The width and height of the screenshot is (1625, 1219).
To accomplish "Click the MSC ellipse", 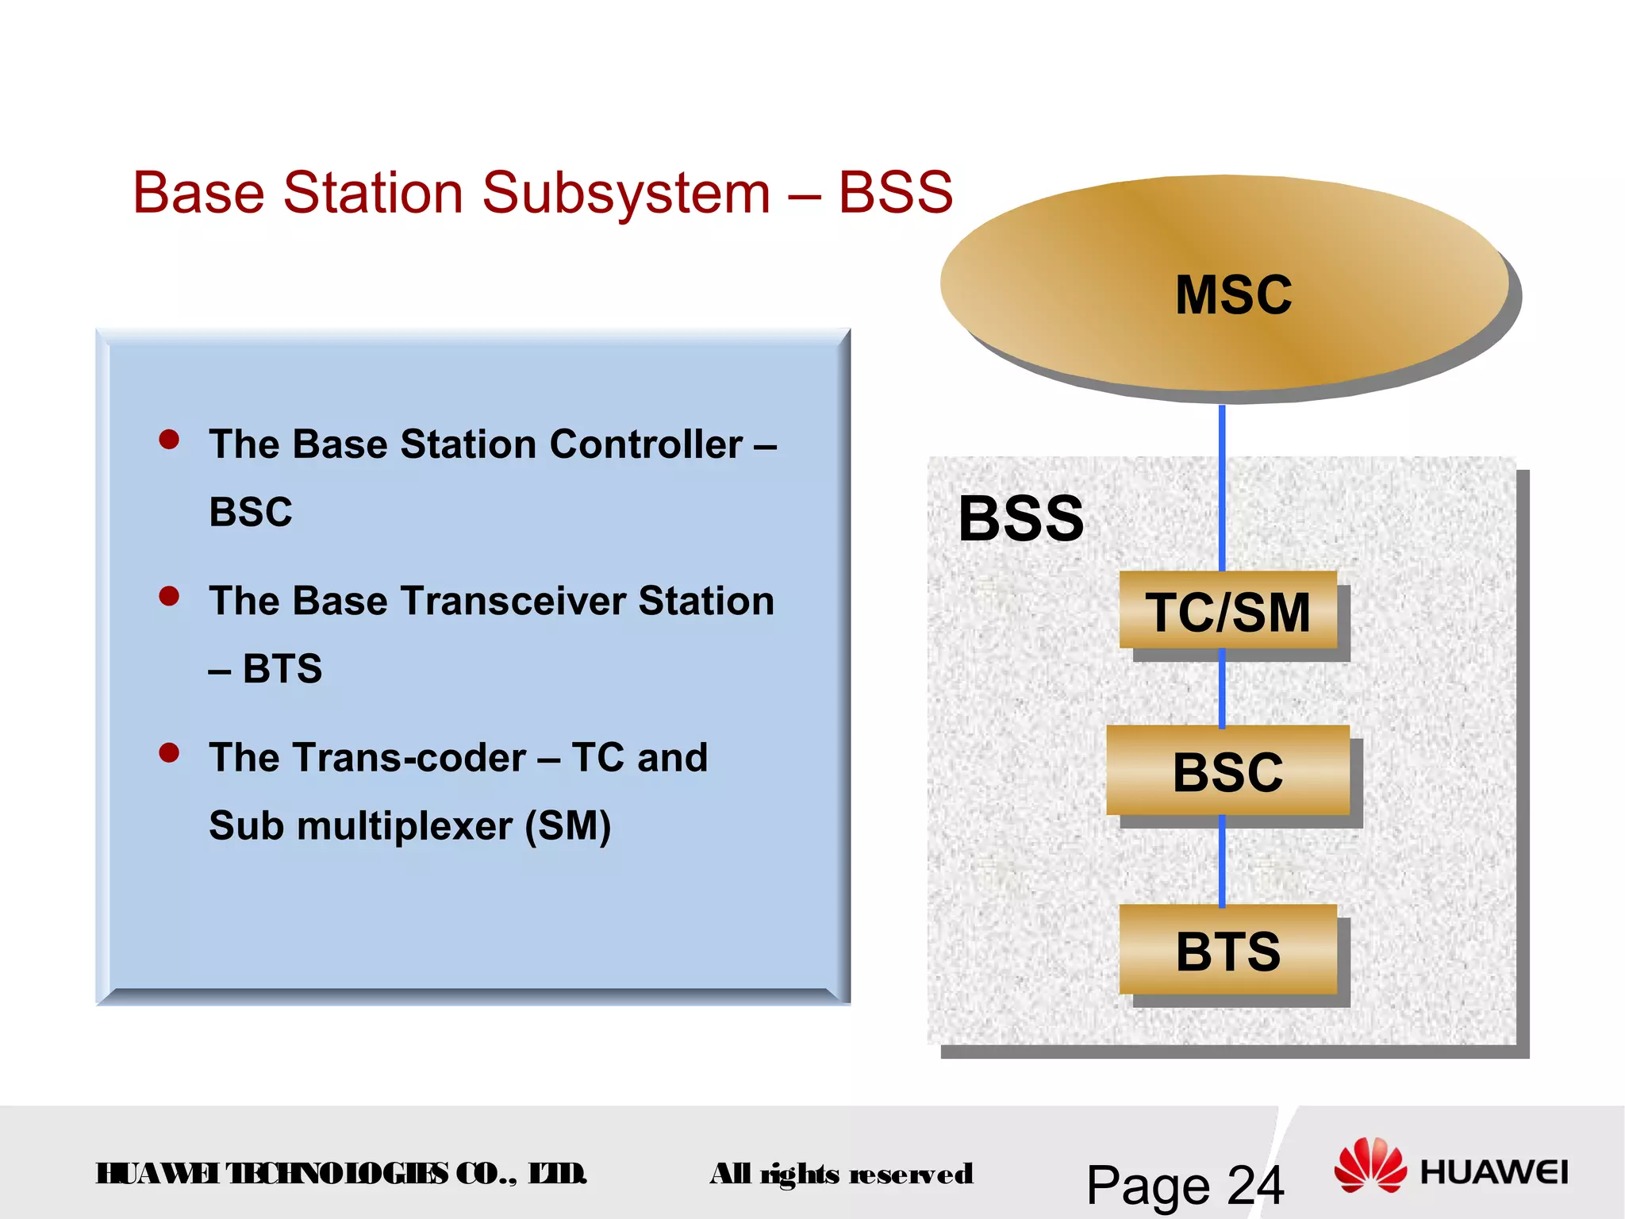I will (x=1226, y=286).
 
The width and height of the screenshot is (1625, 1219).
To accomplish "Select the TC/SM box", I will (x=1227, y=611).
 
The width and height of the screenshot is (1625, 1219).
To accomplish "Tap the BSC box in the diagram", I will (x=1227, y=771).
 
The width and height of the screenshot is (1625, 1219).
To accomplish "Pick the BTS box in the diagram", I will (x=1227, y=950).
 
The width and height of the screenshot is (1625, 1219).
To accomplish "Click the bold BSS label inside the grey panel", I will (x=1020, y=519).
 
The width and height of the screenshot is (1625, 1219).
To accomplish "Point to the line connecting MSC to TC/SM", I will (x=1222, y=488).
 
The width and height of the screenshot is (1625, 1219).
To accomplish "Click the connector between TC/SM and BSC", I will (x=1222, y=687).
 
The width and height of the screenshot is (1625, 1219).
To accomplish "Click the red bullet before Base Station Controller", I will (x=169, y=439).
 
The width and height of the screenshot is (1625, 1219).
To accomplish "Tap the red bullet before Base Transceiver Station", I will (x=169, y=595).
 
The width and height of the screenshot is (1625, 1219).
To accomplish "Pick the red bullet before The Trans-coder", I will (x=169, y=752).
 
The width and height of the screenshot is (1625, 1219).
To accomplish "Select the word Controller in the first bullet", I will (x=646, y=444).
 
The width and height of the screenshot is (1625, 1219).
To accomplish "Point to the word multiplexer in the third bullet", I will (x=405, y=826).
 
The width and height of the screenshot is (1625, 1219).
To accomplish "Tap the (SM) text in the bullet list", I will (x=568, y=826).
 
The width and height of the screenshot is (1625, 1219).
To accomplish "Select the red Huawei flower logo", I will (x=1370, y=1164).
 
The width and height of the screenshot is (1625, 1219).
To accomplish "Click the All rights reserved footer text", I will (x=841, y=1174).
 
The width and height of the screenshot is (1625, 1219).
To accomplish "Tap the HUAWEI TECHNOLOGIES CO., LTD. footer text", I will (x=341, y=1173).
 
